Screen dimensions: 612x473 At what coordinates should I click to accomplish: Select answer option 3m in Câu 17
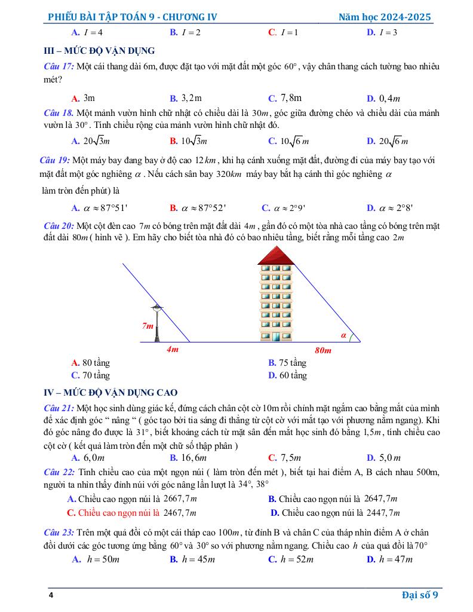[x=84, y=98]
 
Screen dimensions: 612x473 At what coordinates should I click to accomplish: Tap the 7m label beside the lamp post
[x=148, y=326]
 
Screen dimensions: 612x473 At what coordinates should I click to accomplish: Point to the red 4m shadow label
[x=172, y=350]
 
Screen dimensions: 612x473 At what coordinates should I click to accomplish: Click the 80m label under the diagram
[x=322, y=350]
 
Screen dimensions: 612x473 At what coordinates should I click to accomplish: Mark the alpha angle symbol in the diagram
[x=343, y=335]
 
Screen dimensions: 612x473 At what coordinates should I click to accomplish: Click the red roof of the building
[x=277, y=255]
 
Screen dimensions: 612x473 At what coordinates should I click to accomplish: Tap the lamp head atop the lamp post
[x=157, y=307]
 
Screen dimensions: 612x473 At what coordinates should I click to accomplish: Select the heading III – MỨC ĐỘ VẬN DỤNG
[x=100, y=50]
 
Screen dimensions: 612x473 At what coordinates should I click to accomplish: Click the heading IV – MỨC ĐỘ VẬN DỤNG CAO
[x=111, y=393]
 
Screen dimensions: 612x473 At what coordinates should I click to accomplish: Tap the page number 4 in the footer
[x=51, y=595]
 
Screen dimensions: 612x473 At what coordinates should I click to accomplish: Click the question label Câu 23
[x=59, y=533]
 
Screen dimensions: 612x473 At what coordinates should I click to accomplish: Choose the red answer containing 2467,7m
[x=132, y=512]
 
